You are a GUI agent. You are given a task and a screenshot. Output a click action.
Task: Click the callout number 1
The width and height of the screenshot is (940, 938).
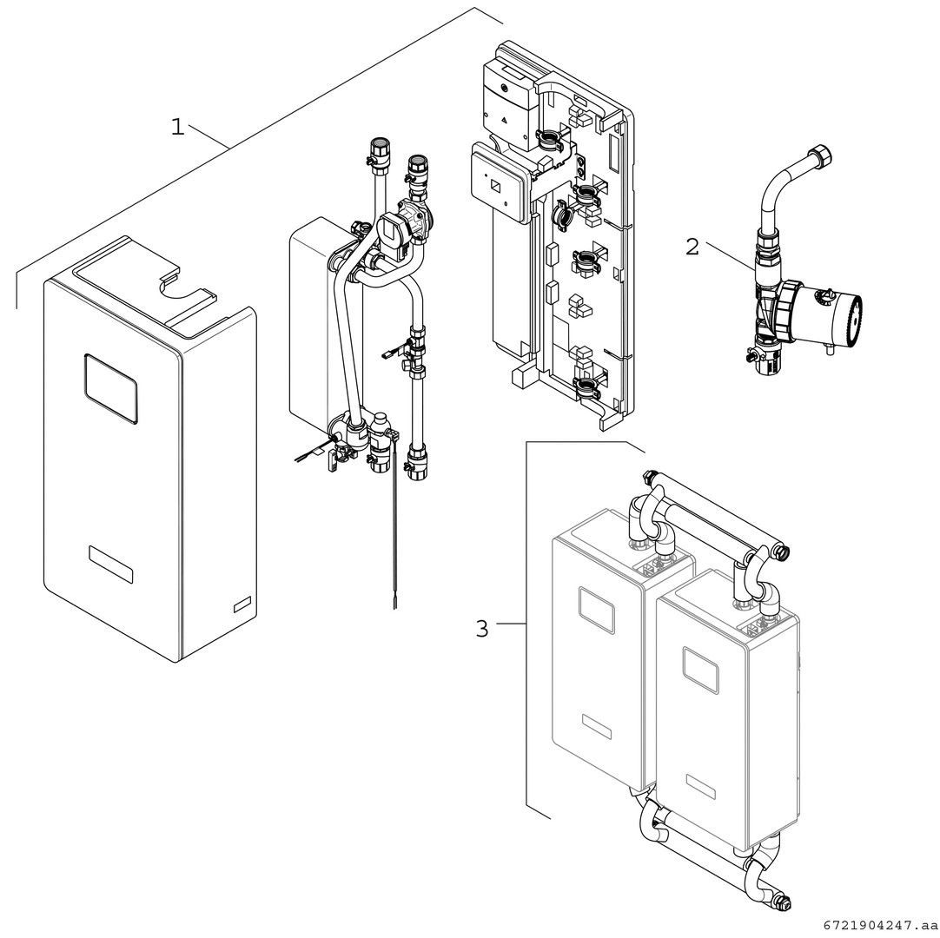[x=177, y=128]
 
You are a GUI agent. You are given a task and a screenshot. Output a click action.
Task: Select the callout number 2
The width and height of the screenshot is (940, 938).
[x=692, y=247]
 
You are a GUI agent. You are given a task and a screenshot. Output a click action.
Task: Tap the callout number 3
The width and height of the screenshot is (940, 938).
[x=482, y=628]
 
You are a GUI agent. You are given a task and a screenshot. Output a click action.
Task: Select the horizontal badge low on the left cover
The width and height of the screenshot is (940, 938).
[x=111, y=565]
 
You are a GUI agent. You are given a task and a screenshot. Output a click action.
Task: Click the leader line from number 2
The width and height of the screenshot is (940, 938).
[x=730, y=258]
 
